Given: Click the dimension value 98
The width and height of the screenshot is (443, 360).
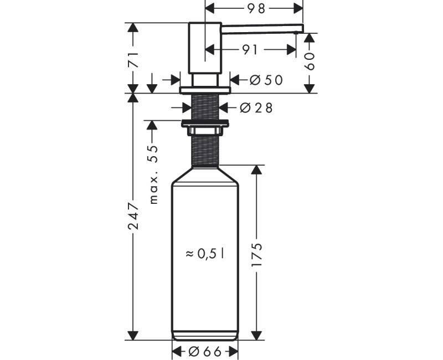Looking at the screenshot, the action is click(x=257, y=8).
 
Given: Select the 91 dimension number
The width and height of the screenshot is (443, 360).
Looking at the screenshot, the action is click(x=250, y=50).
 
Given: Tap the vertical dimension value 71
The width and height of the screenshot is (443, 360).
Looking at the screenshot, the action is click(x=133, y=60).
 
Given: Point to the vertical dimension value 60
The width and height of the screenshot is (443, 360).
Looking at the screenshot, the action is click(x=310, y=61).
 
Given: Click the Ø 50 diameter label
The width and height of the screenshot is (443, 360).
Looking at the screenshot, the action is click(x=266, y=80).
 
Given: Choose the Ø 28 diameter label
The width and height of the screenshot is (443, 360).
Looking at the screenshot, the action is click(x=256, y=107).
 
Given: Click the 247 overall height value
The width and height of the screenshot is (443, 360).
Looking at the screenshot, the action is click(x=133, y=215).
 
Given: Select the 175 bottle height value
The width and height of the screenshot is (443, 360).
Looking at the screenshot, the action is click(x=257, y=255).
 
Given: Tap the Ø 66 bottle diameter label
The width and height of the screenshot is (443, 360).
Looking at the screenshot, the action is click(x=205, y=352).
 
